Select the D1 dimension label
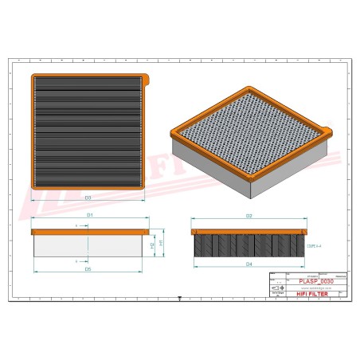90,216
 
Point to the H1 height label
162,241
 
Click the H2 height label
152,246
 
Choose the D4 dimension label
248,264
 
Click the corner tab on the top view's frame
147,78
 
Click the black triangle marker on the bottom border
180,299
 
